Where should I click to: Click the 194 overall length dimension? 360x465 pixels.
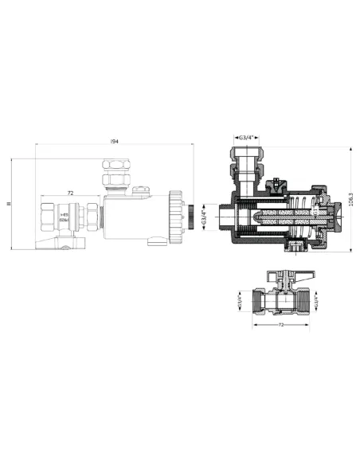(x=115, y=141)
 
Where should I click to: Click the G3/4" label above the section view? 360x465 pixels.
(x=248, y=137)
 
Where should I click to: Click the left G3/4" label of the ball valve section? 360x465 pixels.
(x=240, y=302)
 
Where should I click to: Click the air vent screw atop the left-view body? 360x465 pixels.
(x=143, y=190)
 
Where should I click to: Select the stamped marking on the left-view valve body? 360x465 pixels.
(x=66, y=217)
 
